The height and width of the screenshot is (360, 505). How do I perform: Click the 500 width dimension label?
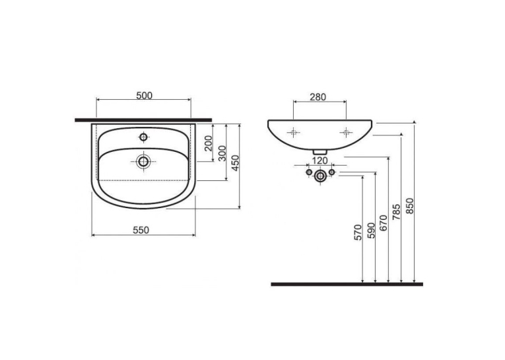pos(145,96)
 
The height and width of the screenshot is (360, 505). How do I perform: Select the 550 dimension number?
pos(141,231)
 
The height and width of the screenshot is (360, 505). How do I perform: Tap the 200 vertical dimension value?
pos(209,143)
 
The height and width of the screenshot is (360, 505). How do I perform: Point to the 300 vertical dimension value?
pos(222,153)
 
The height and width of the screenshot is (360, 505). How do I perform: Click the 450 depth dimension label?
pos(236,163)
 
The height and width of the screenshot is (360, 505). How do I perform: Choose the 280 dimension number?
pos(318,97)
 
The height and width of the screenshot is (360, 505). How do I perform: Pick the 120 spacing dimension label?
pos(320,161)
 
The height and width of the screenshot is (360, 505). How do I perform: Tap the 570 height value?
pos(358,233)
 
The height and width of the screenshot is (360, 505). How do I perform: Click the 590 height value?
pos(372,231)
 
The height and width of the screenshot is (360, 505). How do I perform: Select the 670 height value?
pos(384,223)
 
